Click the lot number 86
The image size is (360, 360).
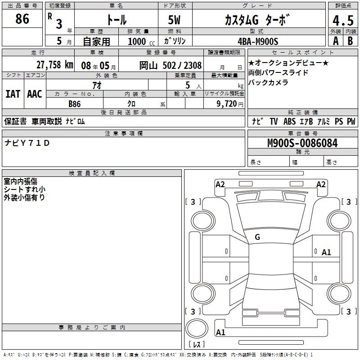22,18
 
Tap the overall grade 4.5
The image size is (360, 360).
343,20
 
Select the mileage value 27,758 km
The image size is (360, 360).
55,65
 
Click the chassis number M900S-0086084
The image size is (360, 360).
302,143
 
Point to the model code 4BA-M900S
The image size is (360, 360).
258,41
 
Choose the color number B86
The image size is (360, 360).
75,104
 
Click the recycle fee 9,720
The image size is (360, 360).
227,103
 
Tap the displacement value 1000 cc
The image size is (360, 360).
141,41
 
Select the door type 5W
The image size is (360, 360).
174,20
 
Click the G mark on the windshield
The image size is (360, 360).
257,237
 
